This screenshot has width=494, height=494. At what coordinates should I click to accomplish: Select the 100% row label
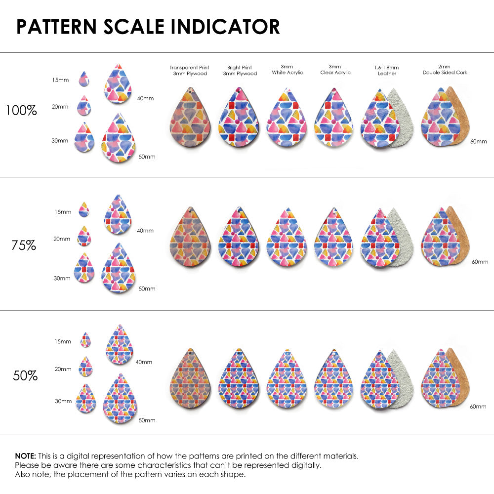pyautogui.click(x=21, y=111)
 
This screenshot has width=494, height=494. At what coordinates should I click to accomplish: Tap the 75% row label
pyautogui.click(x=24, y=245)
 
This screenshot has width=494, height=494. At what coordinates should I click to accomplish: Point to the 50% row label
pyautogui.click(x=25, y=375)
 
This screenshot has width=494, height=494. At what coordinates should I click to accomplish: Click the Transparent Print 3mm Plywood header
pyautogui.click(x=189, y=70)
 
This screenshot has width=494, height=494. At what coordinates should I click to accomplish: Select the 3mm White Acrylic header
pyautogui.click(x=287, y=69)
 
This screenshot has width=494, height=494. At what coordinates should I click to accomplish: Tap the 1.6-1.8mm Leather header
pyautogui.click(x=387, y=70)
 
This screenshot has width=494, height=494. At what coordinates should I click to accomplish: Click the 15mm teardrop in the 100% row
pyautogui.click(x=83, y=79)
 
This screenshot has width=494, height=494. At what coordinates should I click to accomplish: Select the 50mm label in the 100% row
pyautogui.click(x=147, y=157)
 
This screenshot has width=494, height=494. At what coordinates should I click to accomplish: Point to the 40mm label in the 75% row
pyautogui.click(x=145, y=230)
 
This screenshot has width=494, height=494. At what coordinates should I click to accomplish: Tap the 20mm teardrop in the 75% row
pyautogui.click(x=84, y=236)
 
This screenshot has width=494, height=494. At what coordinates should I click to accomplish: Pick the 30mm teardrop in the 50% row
pyautogui.click(x=85, y=398)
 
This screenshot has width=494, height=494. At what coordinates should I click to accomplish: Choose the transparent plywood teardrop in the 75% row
pyautogui.click(x=190, y=237)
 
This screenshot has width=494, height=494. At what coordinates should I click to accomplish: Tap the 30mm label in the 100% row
pyautogui.click(x=60, y=140)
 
